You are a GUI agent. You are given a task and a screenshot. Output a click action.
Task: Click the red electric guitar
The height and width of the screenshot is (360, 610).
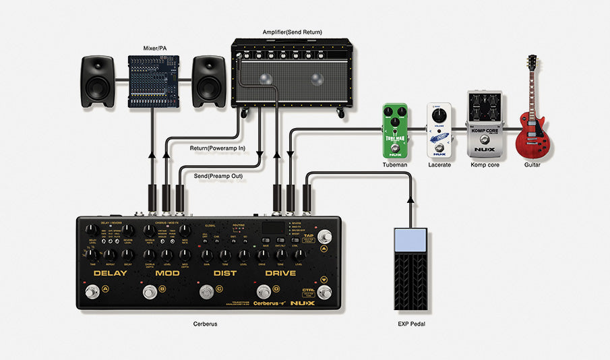532,128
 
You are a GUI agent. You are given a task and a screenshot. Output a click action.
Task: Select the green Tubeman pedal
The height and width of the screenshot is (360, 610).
394,131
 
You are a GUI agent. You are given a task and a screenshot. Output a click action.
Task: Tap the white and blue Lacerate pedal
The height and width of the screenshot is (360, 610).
438,131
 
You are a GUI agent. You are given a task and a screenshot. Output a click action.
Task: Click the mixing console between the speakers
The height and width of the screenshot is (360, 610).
155,81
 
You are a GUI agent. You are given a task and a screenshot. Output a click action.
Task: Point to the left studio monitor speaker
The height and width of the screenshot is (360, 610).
98,81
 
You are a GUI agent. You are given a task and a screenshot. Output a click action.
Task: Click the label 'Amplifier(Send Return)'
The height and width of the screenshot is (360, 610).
292,32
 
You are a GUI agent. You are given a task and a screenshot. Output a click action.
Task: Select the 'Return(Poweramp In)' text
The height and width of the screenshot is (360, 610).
217,147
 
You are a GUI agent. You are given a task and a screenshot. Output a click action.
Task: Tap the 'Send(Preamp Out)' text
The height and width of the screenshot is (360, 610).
218,176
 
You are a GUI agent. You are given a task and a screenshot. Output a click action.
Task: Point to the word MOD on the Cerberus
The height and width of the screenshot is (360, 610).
167,273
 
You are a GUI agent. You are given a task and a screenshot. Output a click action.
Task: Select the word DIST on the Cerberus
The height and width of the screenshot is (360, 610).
224,273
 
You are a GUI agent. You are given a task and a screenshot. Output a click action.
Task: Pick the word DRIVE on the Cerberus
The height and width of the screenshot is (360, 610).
280,273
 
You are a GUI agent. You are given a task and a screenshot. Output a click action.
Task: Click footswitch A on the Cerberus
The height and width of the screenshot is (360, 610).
90,291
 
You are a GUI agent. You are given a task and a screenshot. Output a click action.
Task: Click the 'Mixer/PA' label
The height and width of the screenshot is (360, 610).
155,48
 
